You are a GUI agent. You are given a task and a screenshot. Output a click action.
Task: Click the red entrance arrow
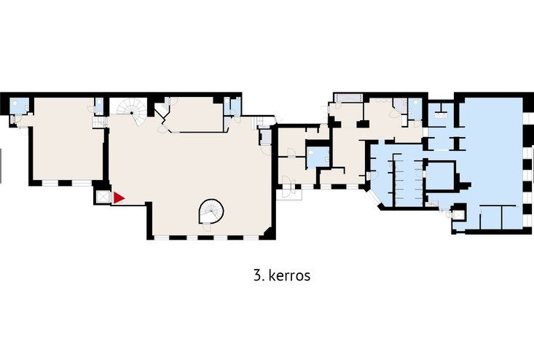point(118,198)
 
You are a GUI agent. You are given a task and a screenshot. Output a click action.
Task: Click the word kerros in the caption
point(289,275)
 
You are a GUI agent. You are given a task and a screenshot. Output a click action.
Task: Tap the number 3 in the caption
point(257,275)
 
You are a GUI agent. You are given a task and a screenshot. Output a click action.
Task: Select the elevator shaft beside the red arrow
point(102,197)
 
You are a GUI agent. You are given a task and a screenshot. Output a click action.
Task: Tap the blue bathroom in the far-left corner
point(20,106)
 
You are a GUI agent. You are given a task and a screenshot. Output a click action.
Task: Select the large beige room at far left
point(68,140)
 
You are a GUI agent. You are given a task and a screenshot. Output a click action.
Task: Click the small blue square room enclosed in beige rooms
point(318,157)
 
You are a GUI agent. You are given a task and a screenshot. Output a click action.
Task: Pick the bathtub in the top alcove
point(348,98)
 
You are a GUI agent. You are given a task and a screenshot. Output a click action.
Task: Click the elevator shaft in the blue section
point(459,215)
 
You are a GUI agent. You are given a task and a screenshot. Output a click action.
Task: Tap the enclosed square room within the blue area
point(440,176)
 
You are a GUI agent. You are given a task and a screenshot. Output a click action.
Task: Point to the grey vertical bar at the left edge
point(1,166)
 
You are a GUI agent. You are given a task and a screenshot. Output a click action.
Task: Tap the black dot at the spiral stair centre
point(131,113)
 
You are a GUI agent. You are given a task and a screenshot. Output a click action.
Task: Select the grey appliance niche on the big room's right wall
point(265,137)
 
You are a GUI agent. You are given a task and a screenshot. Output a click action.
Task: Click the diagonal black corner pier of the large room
point(267,234)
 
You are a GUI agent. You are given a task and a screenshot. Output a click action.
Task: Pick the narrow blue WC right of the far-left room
point(99,106)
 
